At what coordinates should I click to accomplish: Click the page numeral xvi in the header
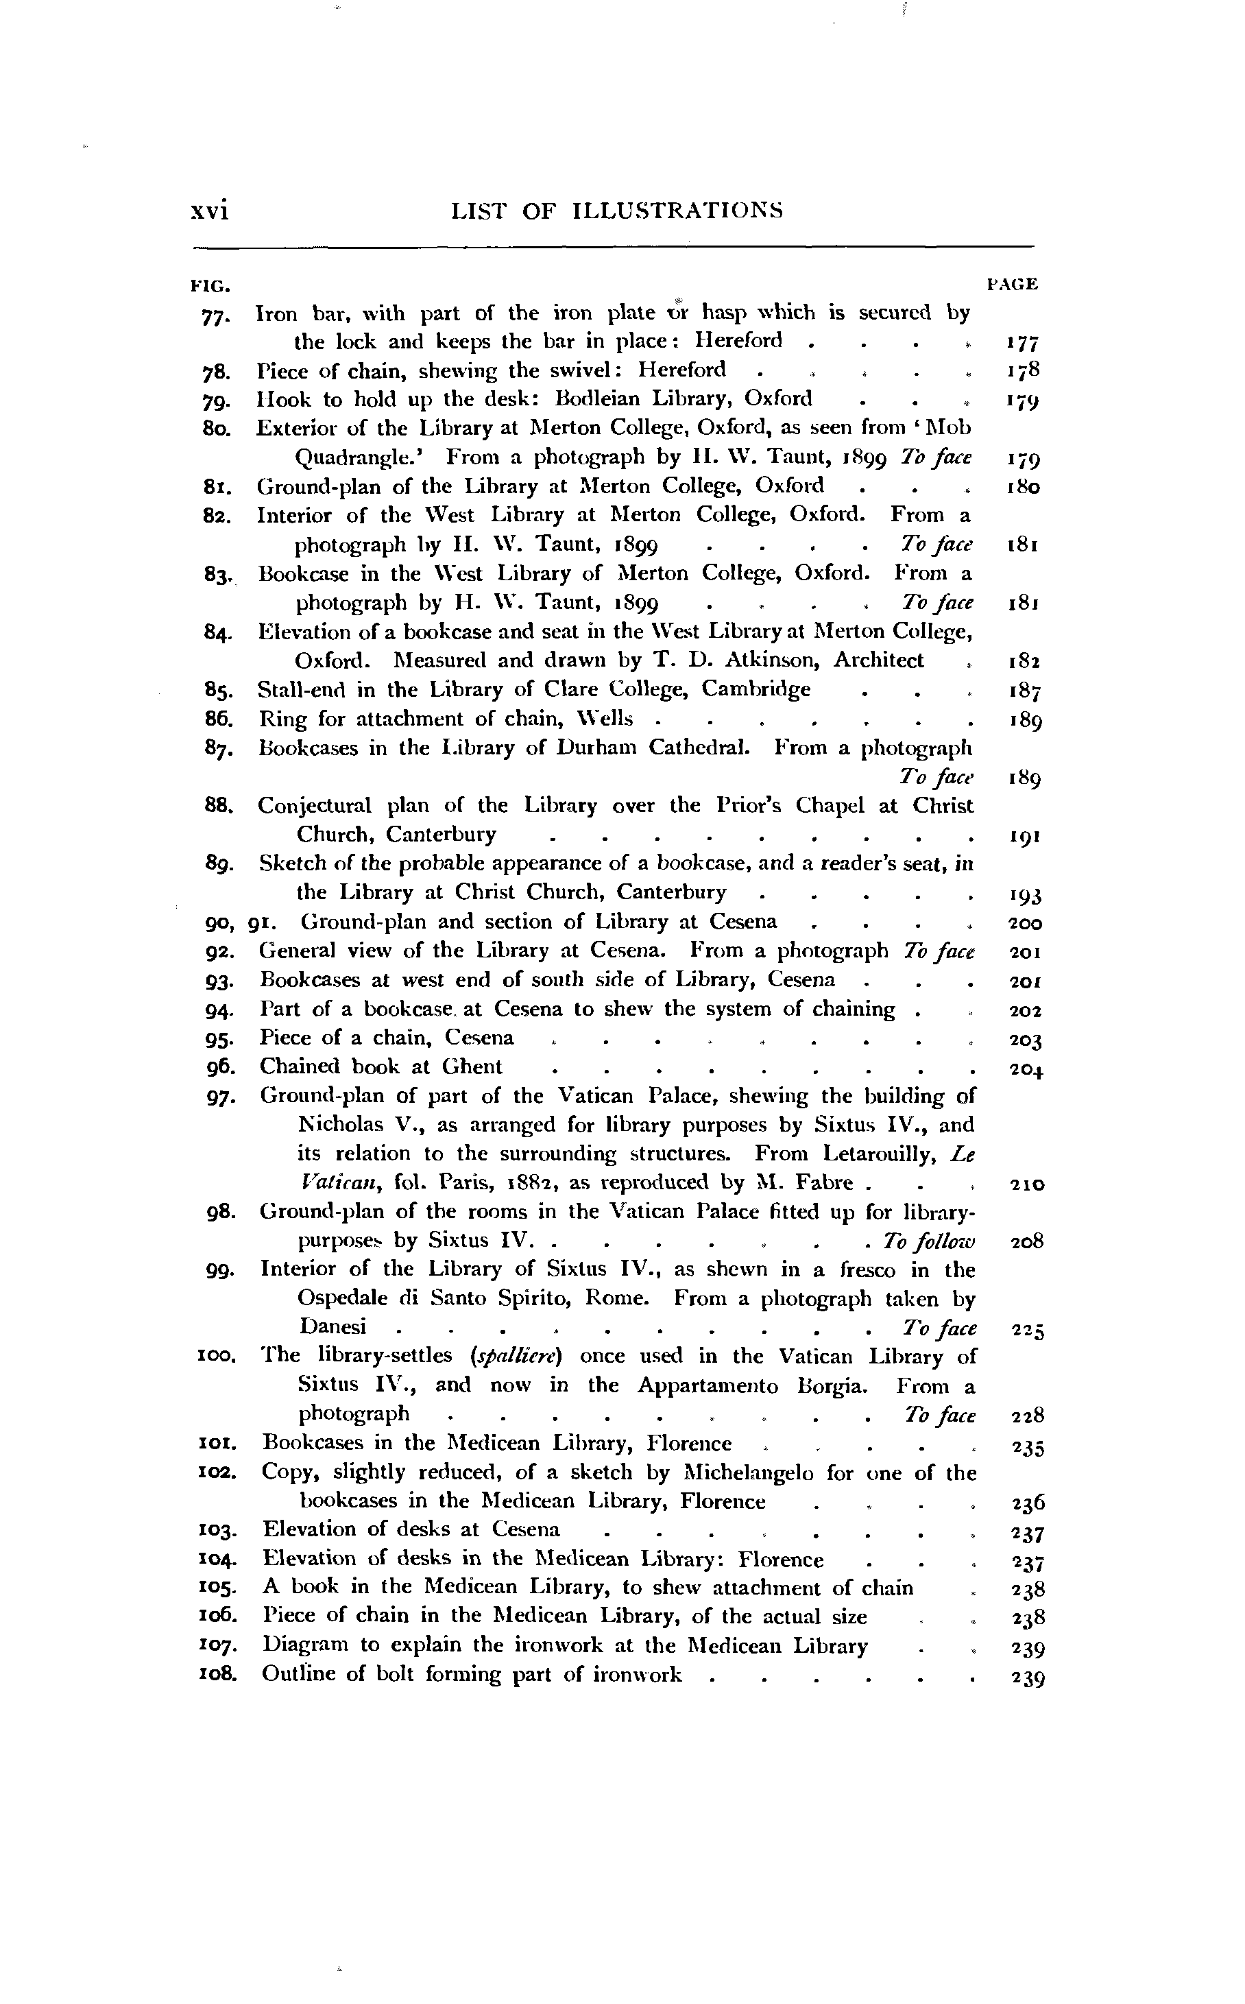[209, 212]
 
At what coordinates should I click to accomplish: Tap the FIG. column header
[209, 286]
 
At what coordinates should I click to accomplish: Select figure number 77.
[217, 315]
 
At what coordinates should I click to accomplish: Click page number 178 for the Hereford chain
[1024, 370]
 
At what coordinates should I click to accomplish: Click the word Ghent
[472, 1066]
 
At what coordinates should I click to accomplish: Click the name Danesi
[333, 1328]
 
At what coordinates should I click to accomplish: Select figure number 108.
[218, 1675]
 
